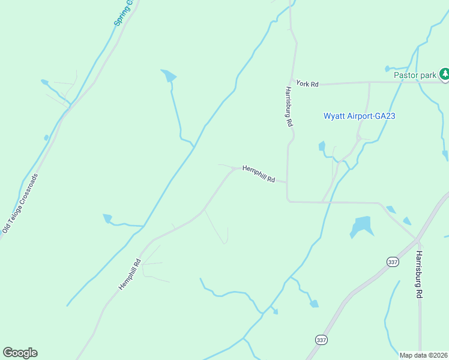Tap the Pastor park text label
tap(415, 75)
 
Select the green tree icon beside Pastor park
tap(444, 74)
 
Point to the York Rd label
tap(307, 84)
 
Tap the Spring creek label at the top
tap(125, 13)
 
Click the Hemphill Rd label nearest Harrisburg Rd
tap(258, 174)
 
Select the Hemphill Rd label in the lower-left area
tap(129, 274)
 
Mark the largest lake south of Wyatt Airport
tap(362, 226)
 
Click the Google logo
tap(20, 353)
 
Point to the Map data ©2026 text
tap(423, 355)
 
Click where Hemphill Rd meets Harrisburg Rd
tap(287, 182)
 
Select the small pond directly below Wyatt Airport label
tap(322, 146)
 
